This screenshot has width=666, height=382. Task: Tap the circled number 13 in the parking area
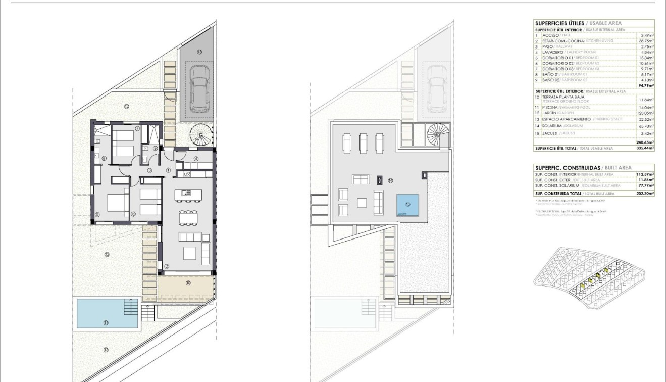tap(199, 52)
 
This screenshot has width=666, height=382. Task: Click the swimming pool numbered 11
tap(107, 313)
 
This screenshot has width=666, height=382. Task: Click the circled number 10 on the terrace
tap(188, 283)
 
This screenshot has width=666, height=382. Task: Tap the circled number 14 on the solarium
tap(391, 180)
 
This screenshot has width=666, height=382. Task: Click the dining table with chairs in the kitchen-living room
tap(189, 218)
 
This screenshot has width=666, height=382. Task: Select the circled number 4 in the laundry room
tap(195, 159)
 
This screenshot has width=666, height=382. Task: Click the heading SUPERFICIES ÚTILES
tap(559, 23)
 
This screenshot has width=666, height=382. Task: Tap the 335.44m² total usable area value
tap(645, 148)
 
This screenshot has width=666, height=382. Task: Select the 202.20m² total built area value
tap(645, 194)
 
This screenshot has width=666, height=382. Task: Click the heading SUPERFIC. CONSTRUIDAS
tap(568, 168)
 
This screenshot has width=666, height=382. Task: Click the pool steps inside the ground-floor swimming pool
tap(131, 306)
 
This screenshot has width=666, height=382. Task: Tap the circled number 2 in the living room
tap(167, 266)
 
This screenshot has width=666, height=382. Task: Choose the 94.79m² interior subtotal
tap(645, 86)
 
